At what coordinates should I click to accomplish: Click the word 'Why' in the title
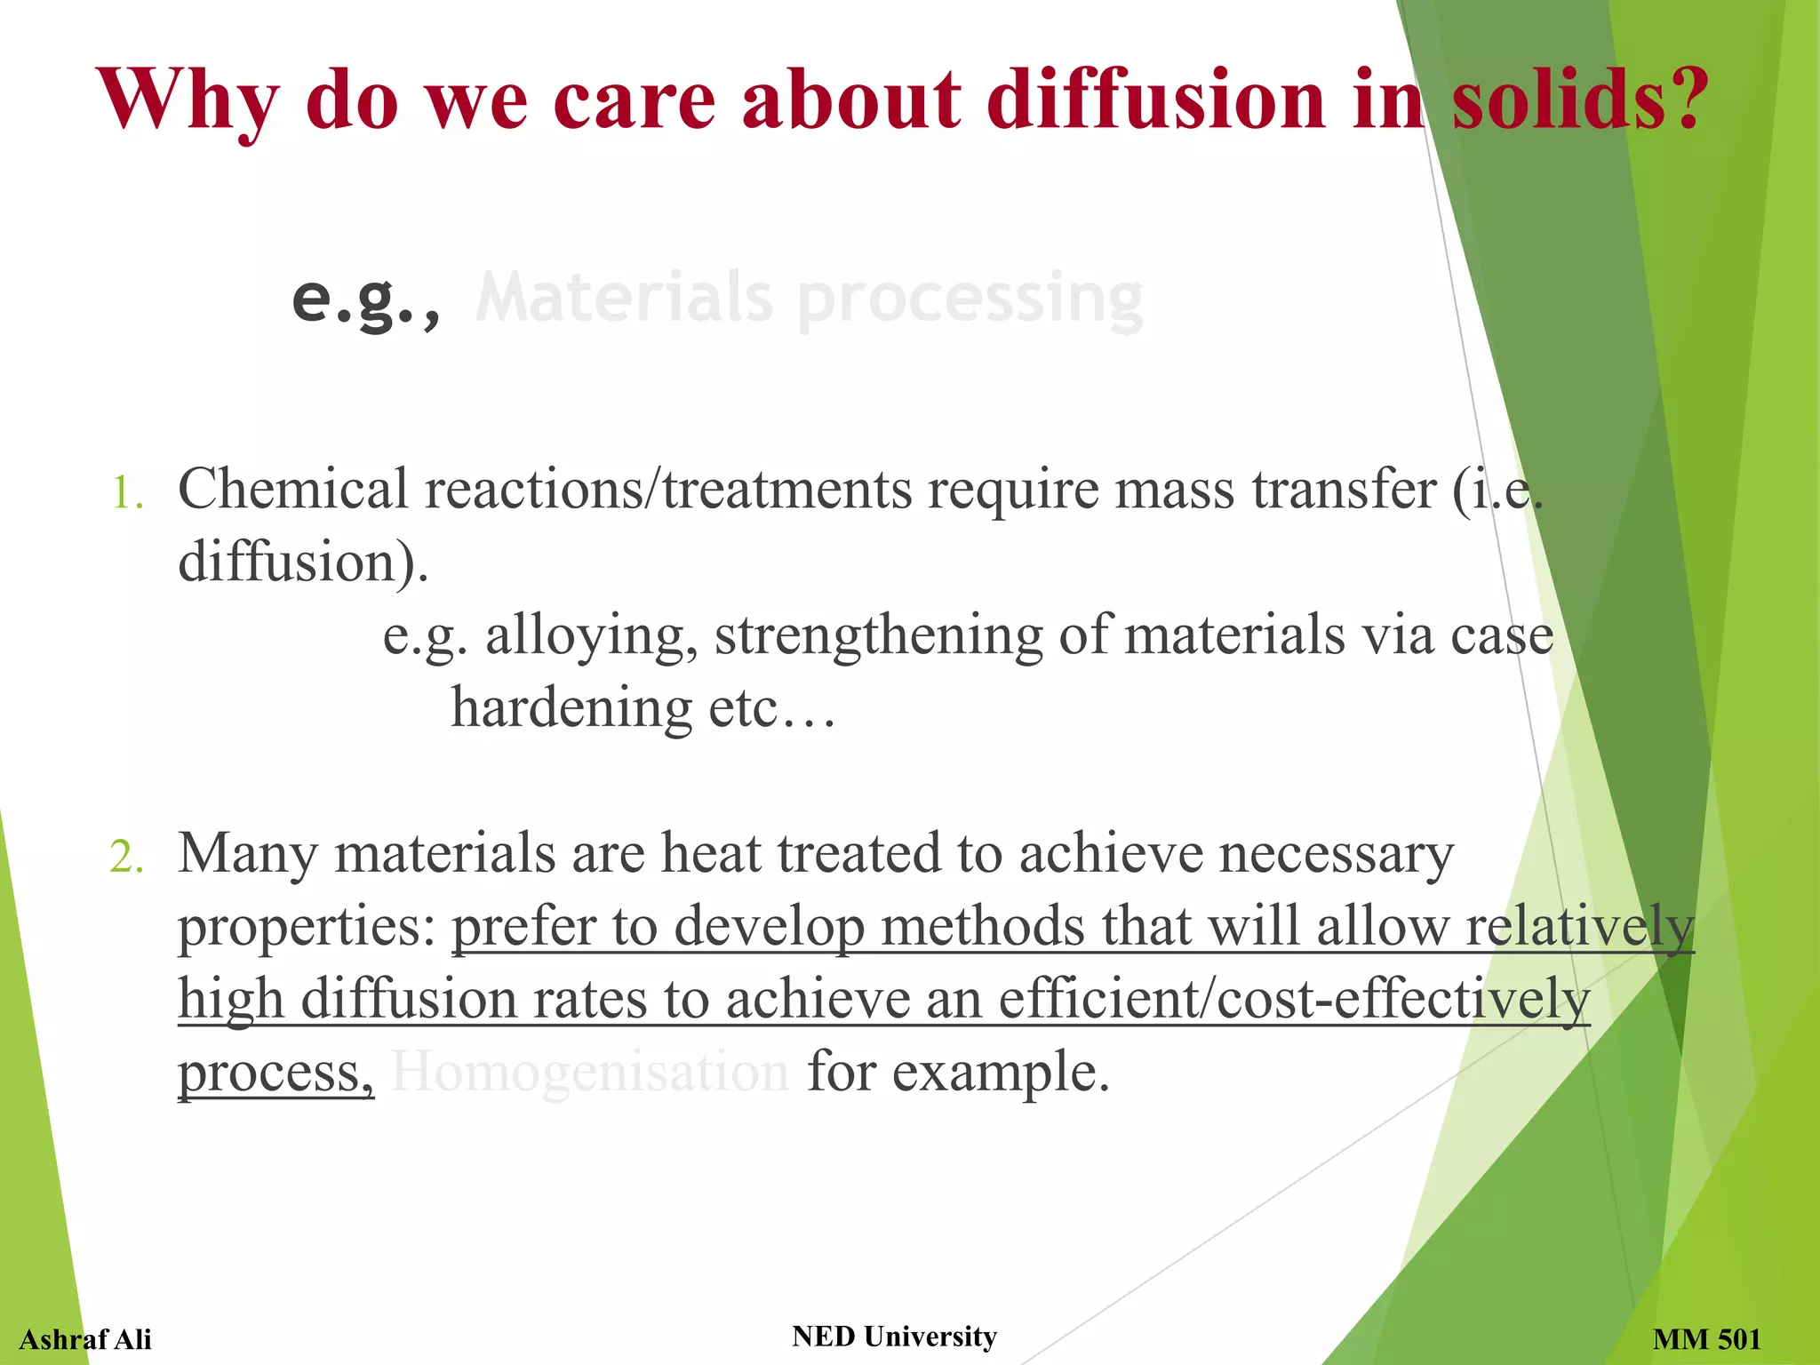(188, 100)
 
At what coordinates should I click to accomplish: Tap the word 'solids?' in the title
(1579, 100)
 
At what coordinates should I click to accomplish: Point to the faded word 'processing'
(970, 300)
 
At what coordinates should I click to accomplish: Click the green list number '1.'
(127, 493)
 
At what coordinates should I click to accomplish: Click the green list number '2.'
(127, 858)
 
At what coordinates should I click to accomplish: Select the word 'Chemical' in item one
(293, 489)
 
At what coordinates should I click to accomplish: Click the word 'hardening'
(571, 708)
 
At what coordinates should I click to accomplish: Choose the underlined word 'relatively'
(1579, 926)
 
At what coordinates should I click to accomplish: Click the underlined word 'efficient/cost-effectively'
(1294, 999)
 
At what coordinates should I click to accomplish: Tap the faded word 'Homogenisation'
(590, 1072)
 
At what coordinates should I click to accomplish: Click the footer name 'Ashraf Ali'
(85, 1339)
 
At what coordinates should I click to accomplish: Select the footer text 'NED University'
(894, 1337)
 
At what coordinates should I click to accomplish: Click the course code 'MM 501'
(1706, 1339)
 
